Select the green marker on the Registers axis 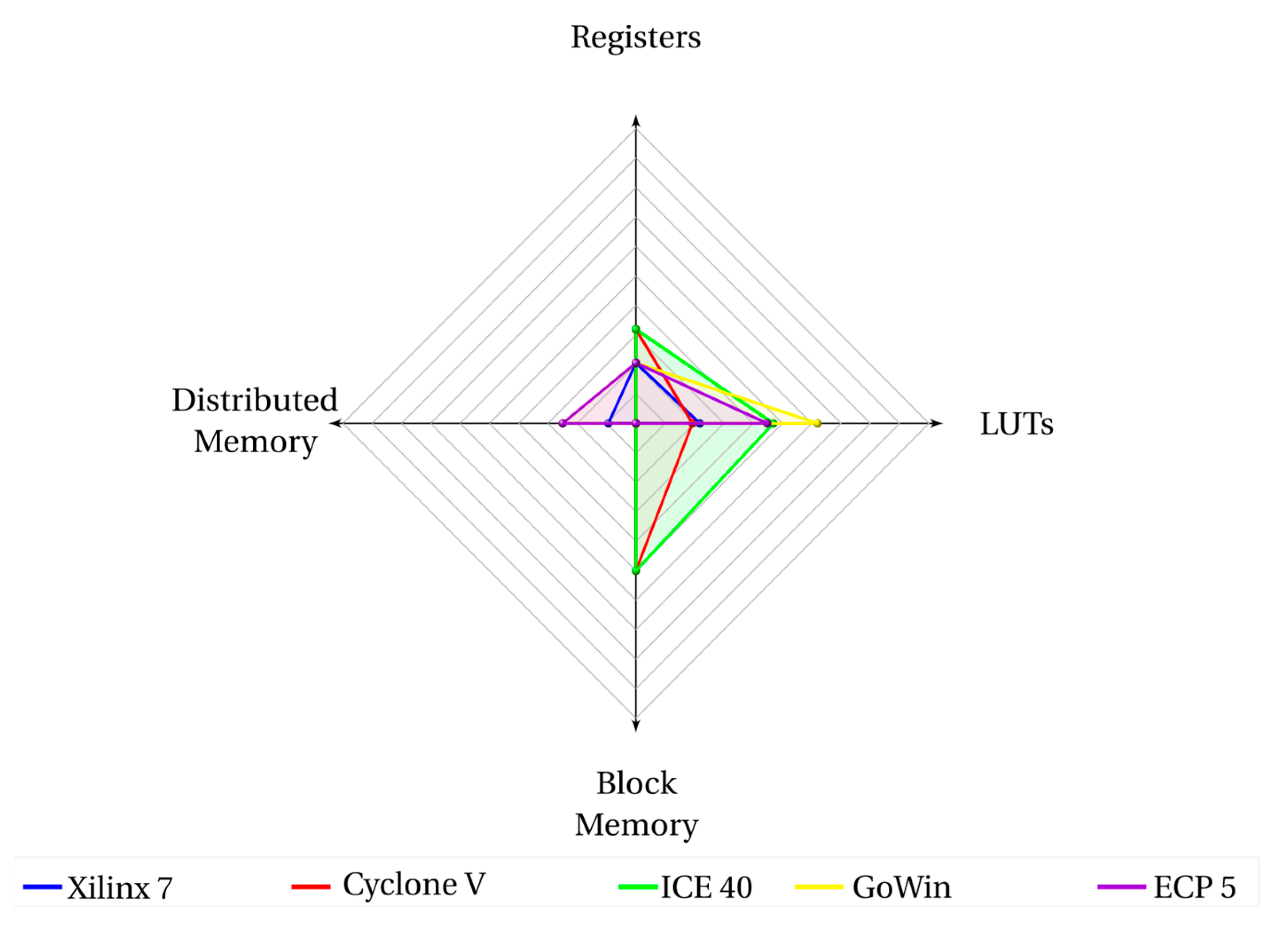click(x=636, y=329)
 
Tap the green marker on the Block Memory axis click(x=636, y=571)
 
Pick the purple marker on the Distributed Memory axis click(x=562, y=423)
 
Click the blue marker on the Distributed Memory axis click(x=608, y=423)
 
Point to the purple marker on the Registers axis click(x=636, y=363)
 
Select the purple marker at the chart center click(x=636, y=423)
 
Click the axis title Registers click(x=636, y=38)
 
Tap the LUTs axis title click(x=1016, y=424)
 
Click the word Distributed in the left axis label click(x=254, y=400)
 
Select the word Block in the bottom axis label click(x=636, y=784)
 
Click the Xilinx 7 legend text click(x=119, y=889)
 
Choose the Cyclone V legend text click(x=414, y=885)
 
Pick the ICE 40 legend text click(x=706, y=887)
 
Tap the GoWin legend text click(x=902, y=888)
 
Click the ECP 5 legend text click(x=1194, y=888)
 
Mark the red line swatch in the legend click(x=311, y=887)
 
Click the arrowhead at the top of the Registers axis click(x=636, y=120)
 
